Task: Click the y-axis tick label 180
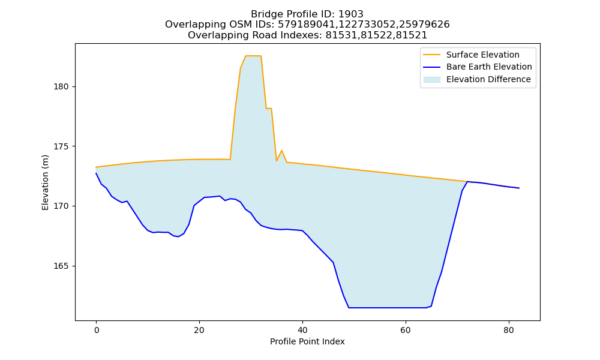coord(61,87)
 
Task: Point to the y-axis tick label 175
coord(61,146)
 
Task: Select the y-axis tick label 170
coord(61,206)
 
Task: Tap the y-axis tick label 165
coord(61,266)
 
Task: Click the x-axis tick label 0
coord(96,330)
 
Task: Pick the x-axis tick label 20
coord(199,330)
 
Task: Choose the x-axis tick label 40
coord(302,330)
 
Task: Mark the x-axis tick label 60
coord(405,330)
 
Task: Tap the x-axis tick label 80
coord(509,330)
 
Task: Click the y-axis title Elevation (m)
coord(45,182)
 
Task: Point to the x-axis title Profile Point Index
coord(307,341)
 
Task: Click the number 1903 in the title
coord(351,14)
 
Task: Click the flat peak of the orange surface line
coord(253,56)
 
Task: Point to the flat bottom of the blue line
coord(387,308)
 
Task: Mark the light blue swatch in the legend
coord(431,79)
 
